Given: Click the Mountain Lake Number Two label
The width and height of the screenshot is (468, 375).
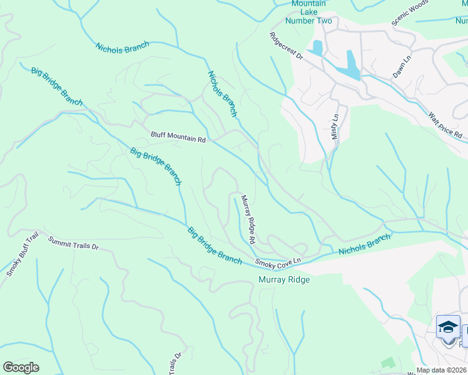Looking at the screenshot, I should coord(308,12).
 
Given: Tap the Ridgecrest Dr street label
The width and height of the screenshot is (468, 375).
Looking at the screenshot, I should coord(287,47).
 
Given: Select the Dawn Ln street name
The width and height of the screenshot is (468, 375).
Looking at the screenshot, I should coord(401,66).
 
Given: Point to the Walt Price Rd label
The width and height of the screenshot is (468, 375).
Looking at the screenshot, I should coord(445,126).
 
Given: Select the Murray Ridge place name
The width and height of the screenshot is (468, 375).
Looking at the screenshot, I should coord(284,279).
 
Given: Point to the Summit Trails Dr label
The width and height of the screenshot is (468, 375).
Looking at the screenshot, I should coord(74,243).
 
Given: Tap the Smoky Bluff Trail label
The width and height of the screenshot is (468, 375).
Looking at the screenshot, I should coord(22,254).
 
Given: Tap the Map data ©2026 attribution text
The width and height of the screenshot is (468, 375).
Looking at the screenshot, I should coord(441,370).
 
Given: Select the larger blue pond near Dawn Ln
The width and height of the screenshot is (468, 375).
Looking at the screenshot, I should coord(352,65).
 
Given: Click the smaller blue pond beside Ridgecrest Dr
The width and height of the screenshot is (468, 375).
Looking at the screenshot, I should coord(318,48).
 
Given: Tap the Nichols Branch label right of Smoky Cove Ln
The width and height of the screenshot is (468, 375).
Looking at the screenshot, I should coord(364,244).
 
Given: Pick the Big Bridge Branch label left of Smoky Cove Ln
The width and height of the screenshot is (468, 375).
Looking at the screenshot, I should coord(215,246).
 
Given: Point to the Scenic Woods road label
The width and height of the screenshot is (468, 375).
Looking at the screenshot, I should coord(410,13).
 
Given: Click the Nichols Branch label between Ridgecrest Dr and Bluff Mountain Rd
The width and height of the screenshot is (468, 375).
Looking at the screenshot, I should coord(222,94).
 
